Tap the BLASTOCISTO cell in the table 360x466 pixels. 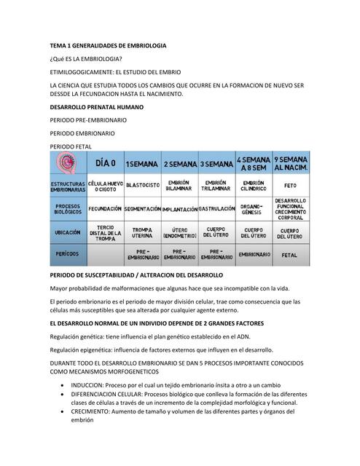point(142,186)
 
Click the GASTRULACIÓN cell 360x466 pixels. point(216,208)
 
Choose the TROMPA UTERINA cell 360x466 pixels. point(142,232)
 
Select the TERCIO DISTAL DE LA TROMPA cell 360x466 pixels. point(105,232)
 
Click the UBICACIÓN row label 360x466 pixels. point(68,232)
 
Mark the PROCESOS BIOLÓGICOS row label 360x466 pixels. point(68,208)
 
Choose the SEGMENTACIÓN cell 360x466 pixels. point(142,209)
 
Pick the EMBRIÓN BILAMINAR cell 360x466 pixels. point(179,186)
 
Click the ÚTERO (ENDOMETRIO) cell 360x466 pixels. point(179,232)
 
